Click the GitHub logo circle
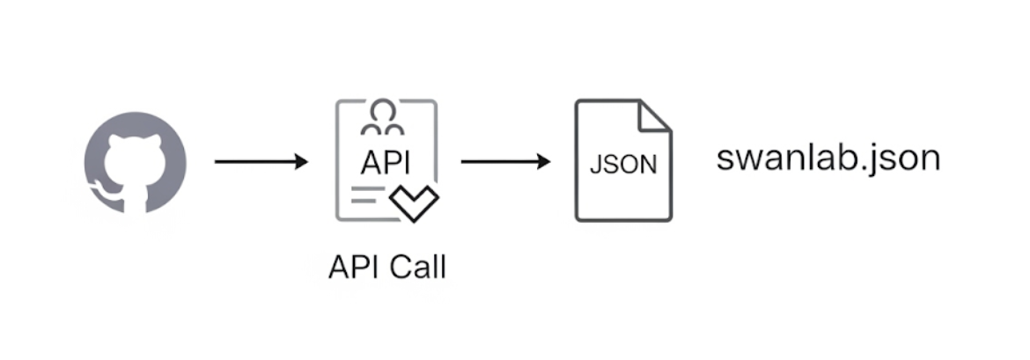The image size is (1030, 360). point(135,163)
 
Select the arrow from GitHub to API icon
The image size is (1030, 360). point(261,162)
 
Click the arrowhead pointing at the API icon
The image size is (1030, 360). point(302,162)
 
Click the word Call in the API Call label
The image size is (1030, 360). point(418,267)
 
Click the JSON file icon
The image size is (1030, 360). point(623,161)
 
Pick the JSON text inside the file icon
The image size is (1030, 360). point(623,165)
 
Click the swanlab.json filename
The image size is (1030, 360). point(828,159)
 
